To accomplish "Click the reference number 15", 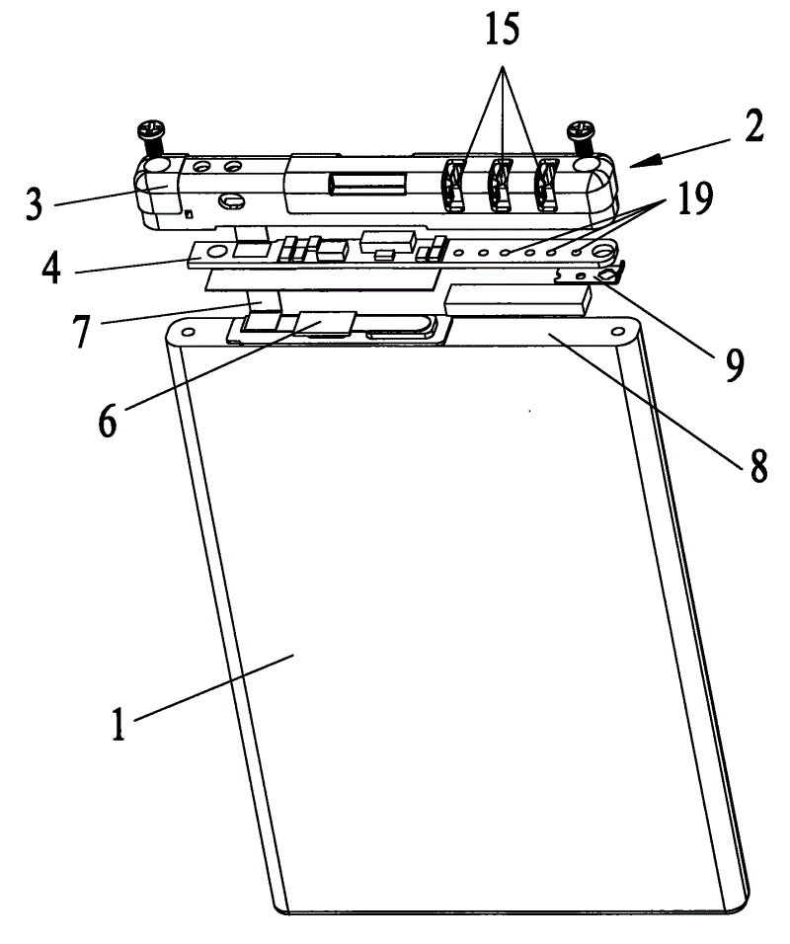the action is [x=503, y=30].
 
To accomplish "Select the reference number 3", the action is [x=35, y=203].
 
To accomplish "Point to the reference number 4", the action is [x=51, y=267].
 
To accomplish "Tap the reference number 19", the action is [x=695, y=197].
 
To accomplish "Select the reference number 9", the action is [x=734, y=364].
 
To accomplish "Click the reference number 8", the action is [x=757, y=465].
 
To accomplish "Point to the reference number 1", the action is [x=118, y=723].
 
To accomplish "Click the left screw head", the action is [x=152, y=128].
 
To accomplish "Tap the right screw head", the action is [x=581, y=128].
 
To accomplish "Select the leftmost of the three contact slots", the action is [x=456, y=185].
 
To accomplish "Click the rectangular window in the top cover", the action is [x=366, y=184].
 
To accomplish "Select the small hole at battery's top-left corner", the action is [x=188, y=332].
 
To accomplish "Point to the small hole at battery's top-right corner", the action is [x=617, y=331].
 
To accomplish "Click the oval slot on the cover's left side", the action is [x=230, y=200].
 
